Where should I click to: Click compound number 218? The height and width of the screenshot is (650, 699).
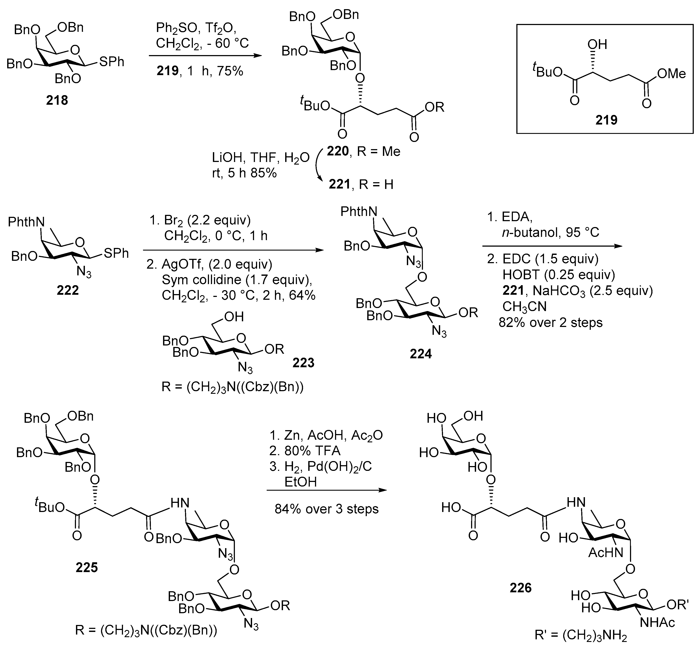(57, 101)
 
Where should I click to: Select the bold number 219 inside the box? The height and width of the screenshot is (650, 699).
(606, 120)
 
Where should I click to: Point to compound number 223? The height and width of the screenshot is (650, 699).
(303, 362)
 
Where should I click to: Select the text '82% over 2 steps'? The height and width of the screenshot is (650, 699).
(550, 322)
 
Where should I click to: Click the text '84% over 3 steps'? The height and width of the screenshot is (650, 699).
(326, 509)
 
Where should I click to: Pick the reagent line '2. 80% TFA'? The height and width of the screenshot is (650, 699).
(305, 450)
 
